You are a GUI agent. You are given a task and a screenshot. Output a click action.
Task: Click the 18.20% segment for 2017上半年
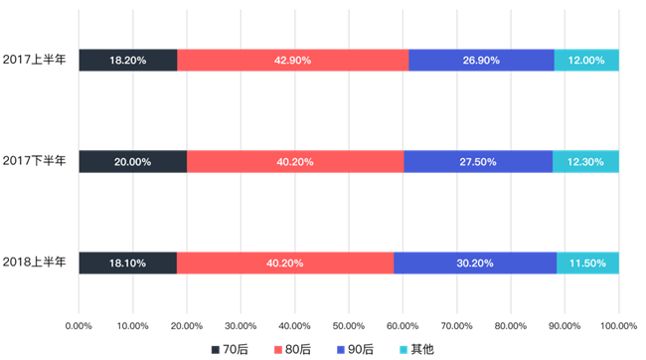[128, 61]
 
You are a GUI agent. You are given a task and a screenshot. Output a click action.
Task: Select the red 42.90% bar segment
[293, 61]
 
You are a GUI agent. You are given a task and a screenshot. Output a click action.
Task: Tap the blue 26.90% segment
[481, 61]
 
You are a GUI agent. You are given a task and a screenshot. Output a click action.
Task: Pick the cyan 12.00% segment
[586, 61]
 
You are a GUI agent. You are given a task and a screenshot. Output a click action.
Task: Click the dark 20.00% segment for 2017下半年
[133, 162]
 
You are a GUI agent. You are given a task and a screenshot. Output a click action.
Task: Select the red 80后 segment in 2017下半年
[295, 162]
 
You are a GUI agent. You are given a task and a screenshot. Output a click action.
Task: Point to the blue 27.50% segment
[478, 162]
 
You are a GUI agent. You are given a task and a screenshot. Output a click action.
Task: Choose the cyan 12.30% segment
[585, 162]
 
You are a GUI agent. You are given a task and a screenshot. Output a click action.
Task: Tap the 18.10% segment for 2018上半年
[128, 264]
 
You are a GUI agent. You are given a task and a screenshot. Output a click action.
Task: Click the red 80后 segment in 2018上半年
[285, 264]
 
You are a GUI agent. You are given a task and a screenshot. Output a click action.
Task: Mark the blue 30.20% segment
[475, 264]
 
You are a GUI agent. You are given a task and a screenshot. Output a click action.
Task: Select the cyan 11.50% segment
[587, 264]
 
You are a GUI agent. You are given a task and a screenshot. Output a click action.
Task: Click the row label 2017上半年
[34, 60]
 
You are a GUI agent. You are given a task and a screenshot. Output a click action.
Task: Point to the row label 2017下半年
[34, 160]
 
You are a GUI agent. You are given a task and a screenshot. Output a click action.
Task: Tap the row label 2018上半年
[34, 262]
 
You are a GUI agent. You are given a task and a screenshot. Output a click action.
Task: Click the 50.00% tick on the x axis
[349, 326]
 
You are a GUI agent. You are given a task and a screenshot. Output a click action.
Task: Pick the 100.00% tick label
[619, 326]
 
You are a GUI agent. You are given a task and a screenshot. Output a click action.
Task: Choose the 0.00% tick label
[79, 326]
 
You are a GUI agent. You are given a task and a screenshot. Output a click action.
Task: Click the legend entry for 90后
[355, 350]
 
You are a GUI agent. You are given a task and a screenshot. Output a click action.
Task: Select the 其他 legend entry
[417, 350]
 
